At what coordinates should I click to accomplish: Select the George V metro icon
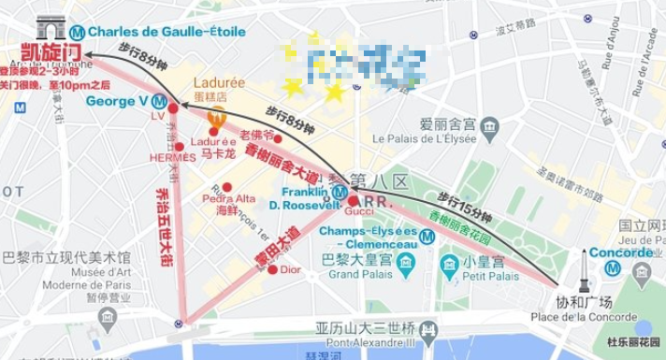click(160, 101)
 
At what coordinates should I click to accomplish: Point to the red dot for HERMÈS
click(179, 146)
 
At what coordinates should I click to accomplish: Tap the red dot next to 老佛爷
click(277, 137)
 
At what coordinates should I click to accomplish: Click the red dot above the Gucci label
click(353, 200)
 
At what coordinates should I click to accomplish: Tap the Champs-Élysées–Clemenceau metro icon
click(427, 237)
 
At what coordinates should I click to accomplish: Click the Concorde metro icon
click(611, 266)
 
